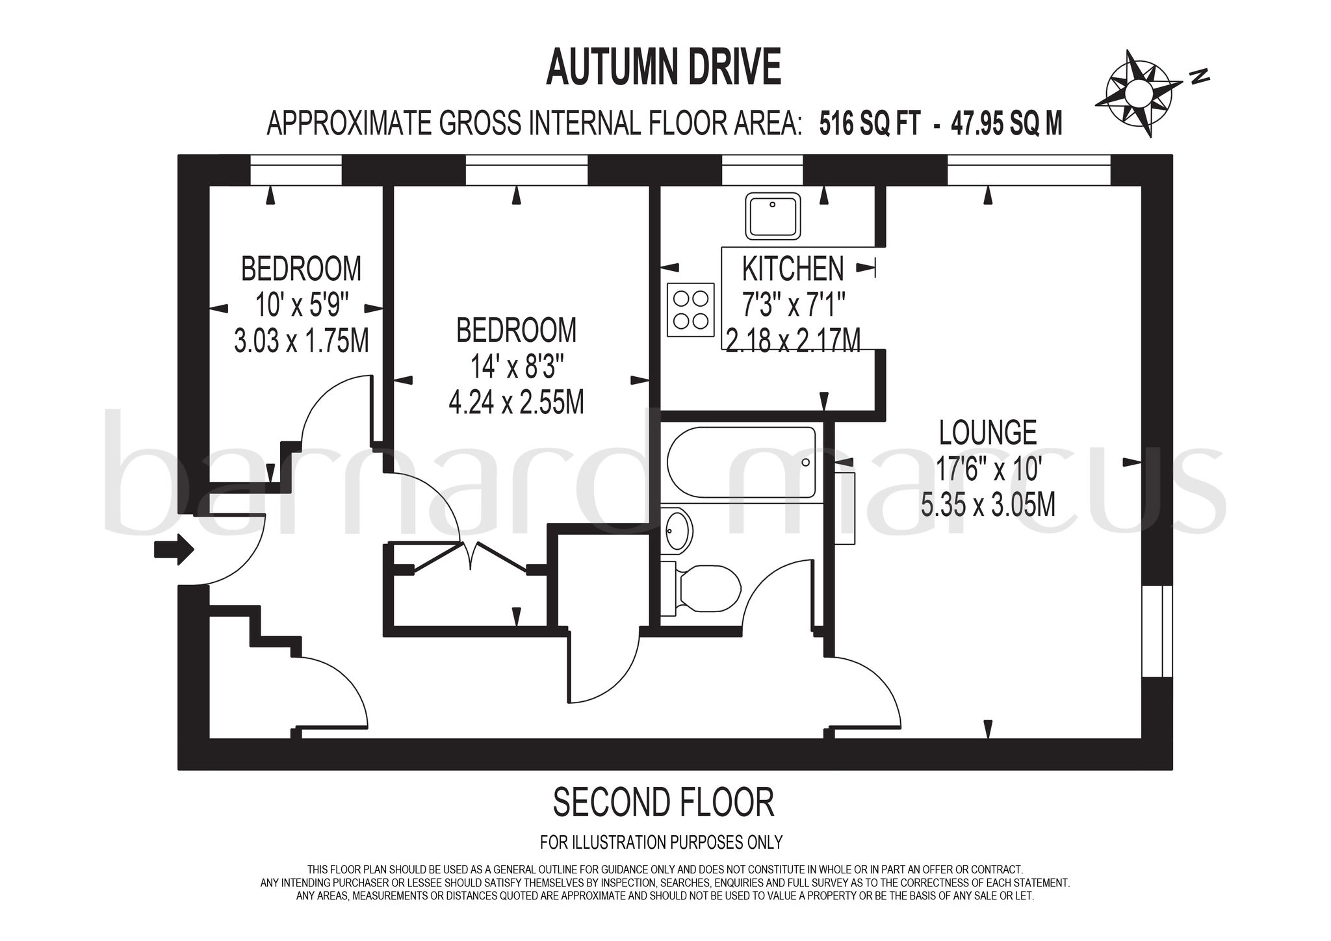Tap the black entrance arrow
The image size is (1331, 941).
click(x=174, y=550)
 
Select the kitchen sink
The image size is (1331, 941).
click(x=773, y=216)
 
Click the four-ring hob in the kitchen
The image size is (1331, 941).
click(x=690, y=310)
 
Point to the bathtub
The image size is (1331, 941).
click(x=741, y=463)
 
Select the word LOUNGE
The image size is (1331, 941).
click(x=988, y=432)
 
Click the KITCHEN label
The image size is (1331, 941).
click(x=793, y=268)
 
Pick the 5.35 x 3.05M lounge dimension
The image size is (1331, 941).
click(x=988, y=504)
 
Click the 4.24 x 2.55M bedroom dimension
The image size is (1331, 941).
click(x=516, y=402)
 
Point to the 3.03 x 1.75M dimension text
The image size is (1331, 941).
click(x=301, y=341)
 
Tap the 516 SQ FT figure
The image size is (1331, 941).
click(x=870, y=122)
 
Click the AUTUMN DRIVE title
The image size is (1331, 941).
click(x=663, y=68)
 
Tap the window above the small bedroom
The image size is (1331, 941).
click(x=296, y=170)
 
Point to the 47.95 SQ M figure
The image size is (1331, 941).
click(x=1007, y=122)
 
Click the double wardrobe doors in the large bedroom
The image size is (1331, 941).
click(x=469, y=556)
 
